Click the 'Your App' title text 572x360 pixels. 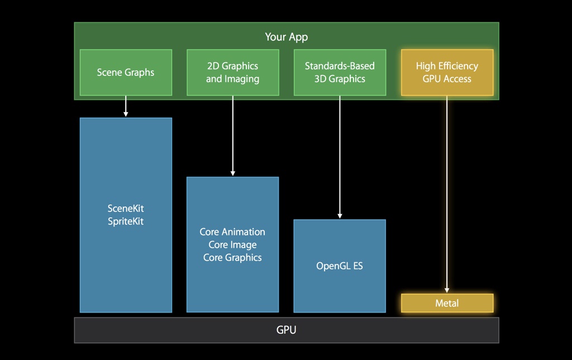286,37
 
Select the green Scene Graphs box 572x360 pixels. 126,72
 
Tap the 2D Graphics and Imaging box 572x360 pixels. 232,72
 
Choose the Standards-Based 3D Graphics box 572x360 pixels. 340,72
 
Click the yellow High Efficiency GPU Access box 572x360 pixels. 447,72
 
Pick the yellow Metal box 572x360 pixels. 447,303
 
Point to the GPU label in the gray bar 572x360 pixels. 286,330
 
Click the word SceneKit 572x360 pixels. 126,208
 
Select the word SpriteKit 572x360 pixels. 126,221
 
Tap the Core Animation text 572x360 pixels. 232,232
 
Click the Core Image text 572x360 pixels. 232,244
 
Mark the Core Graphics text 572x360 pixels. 232,257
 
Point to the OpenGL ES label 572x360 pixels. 340,266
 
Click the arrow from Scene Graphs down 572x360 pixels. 126,106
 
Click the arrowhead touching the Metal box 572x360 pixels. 447,290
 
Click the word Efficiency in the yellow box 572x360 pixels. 458,66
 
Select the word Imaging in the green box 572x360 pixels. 242,79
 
